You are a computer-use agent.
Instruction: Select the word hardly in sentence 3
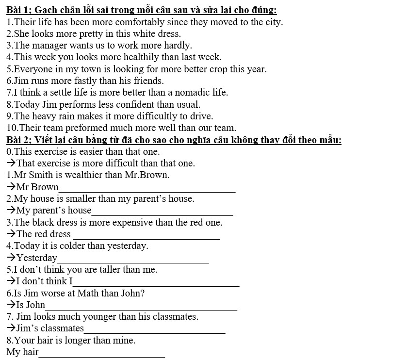178,45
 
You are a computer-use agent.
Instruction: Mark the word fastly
86,81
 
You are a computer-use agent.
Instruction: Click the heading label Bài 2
18,140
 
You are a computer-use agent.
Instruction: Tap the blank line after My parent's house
162,214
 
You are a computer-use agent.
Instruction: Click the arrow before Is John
11,305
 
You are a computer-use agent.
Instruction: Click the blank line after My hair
102,356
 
